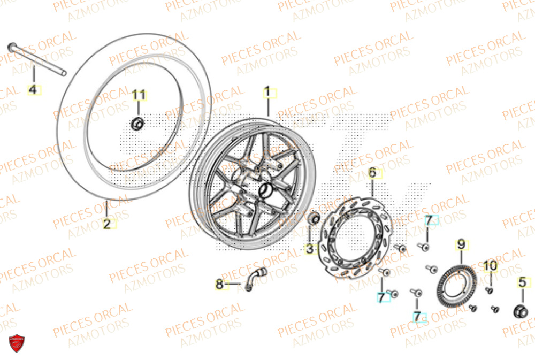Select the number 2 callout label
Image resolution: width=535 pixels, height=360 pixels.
click(107, 224)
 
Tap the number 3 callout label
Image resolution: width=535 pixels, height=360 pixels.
click(310, 249)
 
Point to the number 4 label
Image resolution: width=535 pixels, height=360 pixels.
click(33, 90)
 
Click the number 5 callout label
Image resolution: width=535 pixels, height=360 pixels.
click(523, 281)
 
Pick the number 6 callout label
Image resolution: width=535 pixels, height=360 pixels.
click(372, 173)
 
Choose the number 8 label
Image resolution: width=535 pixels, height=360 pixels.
click(219, 285)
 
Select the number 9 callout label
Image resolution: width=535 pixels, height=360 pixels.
click(460, 246)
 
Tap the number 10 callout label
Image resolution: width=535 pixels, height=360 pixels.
click(491, 266)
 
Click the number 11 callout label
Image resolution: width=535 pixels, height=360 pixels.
click(139, 96)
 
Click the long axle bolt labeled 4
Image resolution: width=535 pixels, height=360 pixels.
click(37, 58)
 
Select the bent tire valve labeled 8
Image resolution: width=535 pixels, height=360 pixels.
click(256, 278)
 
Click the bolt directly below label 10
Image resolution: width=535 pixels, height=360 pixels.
click(488, 290)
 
